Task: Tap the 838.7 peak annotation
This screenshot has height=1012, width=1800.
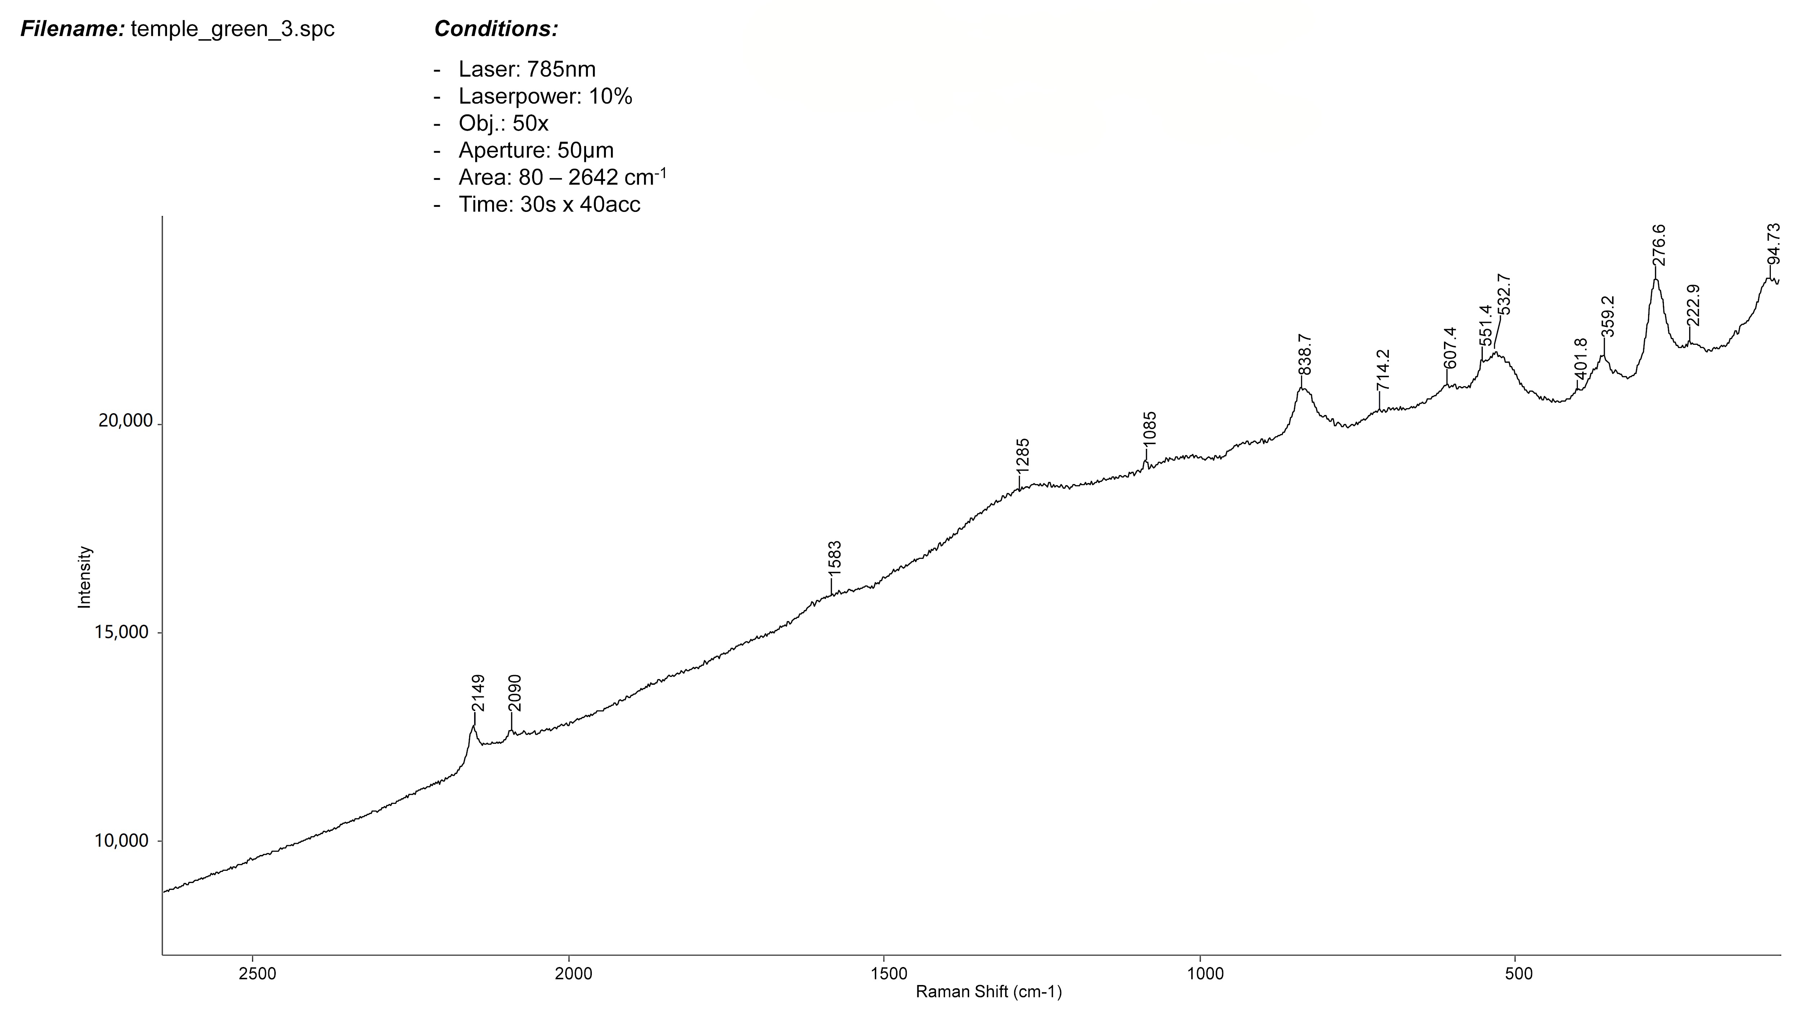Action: [1304, 355]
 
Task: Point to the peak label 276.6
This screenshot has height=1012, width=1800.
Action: [1658, 245]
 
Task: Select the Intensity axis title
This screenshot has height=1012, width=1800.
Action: [85, 577]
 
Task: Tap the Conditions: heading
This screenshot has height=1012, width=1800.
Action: [496, 29]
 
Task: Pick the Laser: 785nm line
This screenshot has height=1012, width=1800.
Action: [527, 69]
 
